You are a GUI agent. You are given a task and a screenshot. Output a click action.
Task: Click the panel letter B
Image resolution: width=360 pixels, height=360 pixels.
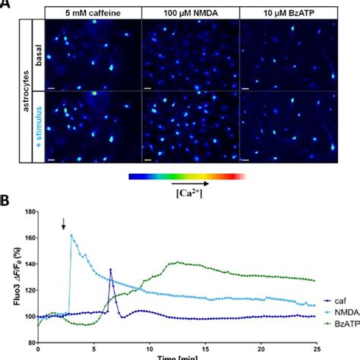point(5,201)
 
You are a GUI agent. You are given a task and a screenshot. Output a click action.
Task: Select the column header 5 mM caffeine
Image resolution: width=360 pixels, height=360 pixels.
point(93,14)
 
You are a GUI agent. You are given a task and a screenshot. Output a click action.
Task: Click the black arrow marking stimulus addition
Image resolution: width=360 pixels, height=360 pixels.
point(65,223)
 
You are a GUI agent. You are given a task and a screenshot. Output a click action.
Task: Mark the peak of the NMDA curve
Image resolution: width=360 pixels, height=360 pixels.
point(71,235)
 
